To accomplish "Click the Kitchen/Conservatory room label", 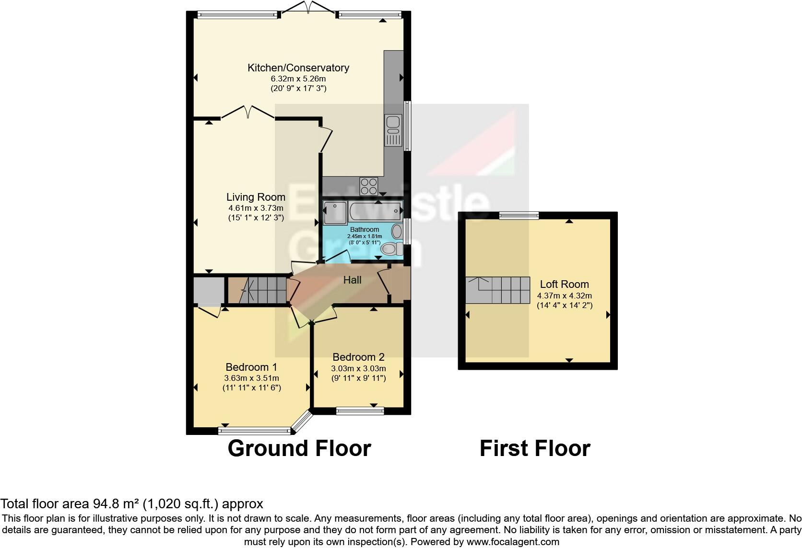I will (x=298, y=68).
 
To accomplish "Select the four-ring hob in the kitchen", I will (x=369, y=186).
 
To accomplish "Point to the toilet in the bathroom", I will (x=391, y=249).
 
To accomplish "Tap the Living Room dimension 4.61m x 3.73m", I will (x=256, y=208).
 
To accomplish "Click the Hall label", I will (x=352, y=280).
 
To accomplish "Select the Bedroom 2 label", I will (x=358, y=357).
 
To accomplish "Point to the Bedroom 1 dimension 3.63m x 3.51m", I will (x=251, y=378).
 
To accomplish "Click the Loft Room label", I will (x=564, y=285).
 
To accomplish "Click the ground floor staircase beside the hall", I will (x=259, y=290).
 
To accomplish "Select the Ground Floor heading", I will (x=299, y=449).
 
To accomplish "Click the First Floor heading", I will (x=534, y=449).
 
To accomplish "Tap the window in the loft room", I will (x=519, y=216).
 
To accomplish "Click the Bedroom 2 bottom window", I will (x=360, y=411).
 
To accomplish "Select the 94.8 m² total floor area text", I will (x=131, y=504).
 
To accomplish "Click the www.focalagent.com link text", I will (x=513, y=542).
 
